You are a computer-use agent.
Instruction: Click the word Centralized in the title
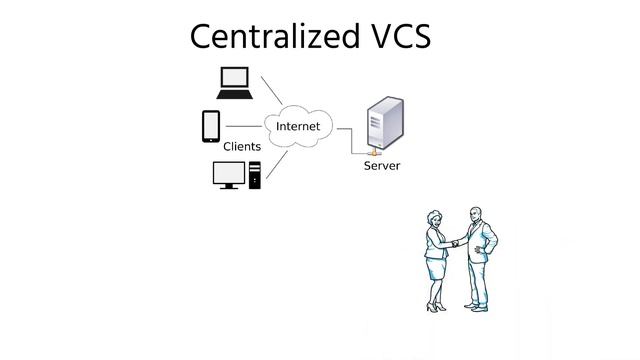tap(267, 37)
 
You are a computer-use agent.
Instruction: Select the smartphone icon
tap(211, 126)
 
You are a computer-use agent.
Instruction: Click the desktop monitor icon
tap(228, 173)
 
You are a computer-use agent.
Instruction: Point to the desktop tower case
tap(254, 174)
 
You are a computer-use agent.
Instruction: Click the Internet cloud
tap(298, 127)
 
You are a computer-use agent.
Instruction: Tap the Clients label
tap(242, 147)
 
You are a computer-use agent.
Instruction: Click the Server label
tap(381, 166)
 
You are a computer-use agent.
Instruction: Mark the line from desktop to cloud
tap(278, 164)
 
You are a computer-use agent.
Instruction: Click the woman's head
tap(435, 217)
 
